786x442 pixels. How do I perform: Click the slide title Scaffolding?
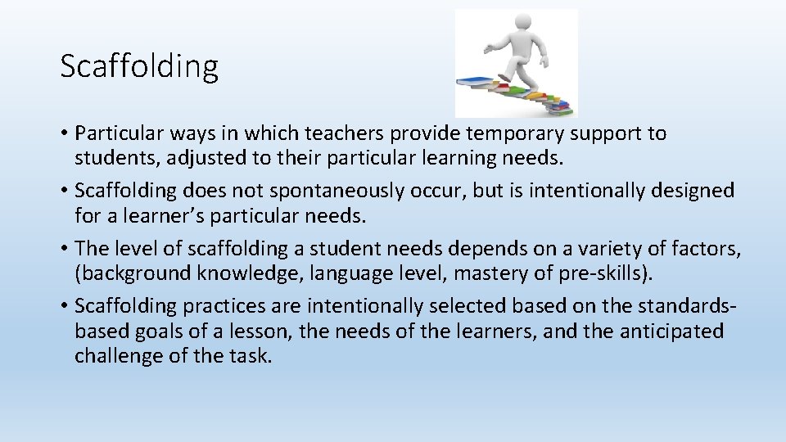tap(139, 66)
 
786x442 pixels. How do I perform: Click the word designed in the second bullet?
tap(693, 191)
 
